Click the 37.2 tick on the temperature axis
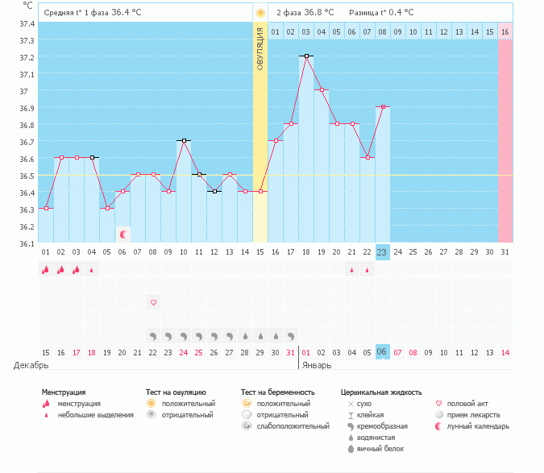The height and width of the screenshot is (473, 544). click(x=27, y=58)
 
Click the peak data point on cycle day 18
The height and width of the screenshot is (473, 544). click(x=306, y=56)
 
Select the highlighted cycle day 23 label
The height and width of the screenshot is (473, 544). click(x=382, y=251)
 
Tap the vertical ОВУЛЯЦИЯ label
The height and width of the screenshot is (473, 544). click(x=260, y=48)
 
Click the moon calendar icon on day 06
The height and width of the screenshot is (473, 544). click(x=123, y=234)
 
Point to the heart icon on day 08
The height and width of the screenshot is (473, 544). click(x=153, y=302)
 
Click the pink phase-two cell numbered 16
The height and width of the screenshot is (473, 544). click(x=505, y=31)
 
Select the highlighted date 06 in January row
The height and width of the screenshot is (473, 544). click(x=382, y=352)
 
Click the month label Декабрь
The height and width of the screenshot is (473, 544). click(x=31, y=365)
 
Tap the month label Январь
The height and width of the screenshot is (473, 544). click(x=316, y=365)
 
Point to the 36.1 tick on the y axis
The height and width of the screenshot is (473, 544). click(x=27, y=243)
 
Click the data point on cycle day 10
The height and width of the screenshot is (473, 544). click(x=184, y=140)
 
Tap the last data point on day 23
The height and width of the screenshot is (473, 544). click(x=382, y=106)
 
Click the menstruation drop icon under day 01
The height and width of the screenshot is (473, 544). click(x=45, y=270)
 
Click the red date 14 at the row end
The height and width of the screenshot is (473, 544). click(x=505, y=352)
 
